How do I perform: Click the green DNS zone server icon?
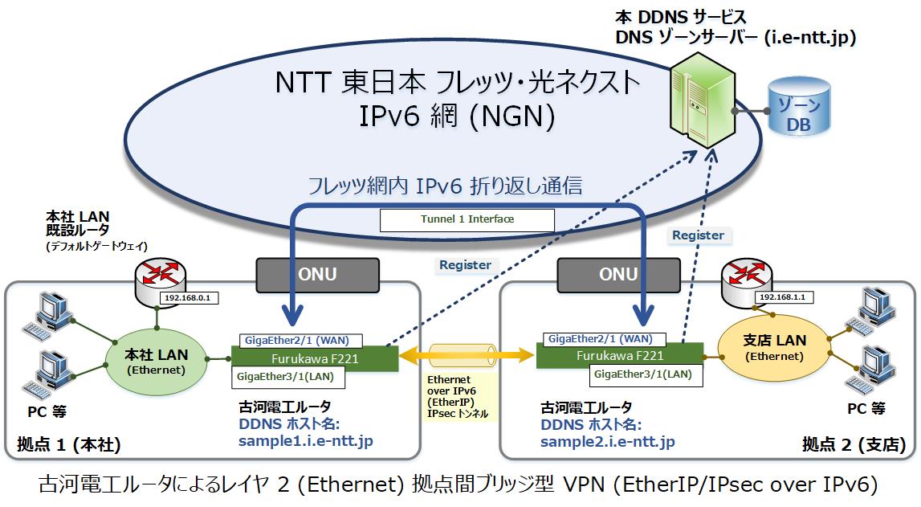[x=703, y=100]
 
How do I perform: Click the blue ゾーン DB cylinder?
[x=799, y=108]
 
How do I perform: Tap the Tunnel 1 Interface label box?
[x=467, y=219]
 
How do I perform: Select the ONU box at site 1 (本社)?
[x=318, y=275]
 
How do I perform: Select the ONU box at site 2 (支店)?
[x=618, y=275]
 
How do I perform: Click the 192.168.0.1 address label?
[x=189, y=298]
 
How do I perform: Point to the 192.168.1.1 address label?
[x=784, y=297]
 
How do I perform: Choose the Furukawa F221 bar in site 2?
[x=620, y=355]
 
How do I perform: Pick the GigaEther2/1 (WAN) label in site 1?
[x=301, y=341]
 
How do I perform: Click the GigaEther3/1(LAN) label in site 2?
[x=646, y=375]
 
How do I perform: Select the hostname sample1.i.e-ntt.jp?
[x=305, y=441]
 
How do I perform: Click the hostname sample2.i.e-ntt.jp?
[x=607, y=442]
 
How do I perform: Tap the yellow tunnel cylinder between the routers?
[x=467, y=355]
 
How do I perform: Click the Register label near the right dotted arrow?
[x=699, y=235]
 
